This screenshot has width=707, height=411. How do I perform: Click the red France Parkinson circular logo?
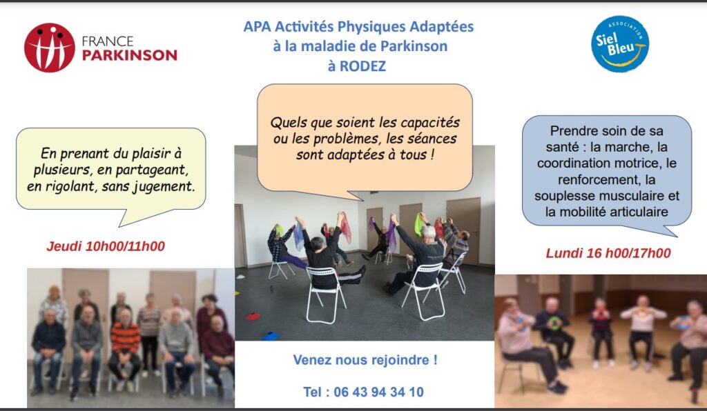[50, 48]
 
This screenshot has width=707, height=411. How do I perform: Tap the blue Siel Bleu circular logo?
[620, 44]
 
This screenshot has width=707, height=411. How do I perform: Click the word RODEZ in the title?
[363, 66]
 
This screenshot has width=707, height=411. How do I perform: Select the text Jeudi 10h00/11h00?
[106, 246]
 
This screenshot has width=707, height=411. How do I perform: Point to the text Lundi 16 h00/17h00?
[608, 253]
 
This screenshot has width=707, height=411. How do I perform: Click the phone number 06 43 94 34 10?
[379, 392]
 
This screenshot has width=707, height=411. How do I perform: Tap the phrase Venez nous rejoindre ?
[365, 360]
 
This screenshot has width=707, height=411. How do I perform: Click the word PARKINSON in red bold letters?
[129, 55]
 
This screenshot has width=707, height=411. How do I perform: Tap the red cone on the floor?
[253, 317]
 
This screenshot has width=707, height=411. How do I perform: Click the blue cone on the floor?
[270, 336]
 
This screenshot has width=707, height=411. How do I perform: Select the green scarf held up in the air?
[419, 225]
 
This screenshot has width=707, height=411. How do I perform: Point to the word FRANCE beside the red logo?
[108, 41]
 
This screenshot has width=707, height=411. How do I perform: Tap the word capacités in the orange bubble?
[430, 123]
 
